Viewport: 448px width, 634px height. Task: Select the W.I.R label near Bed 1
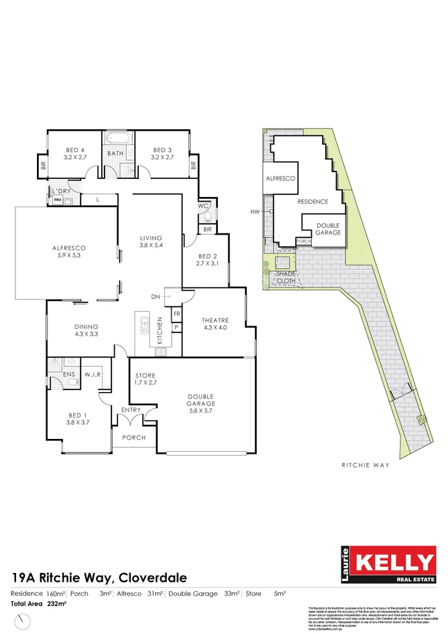pyautogui.click(x=92, y=375)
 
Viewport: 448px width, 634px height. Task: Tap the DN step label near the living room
pyautogui.click(x=156, y=296)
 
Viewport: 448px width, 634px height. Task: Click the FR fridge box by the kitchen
pyautogui.click(x=177, y=314)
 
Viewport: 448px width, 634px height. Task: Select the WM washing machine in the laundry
pyautogui.click(x=57, y=200)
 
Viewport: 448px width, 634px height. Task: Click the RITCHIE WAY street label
pyautogui.click(x=361, y=464)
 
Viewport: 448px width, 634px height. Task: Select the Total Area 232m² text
pyautogui.click(x=39, y=604)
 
